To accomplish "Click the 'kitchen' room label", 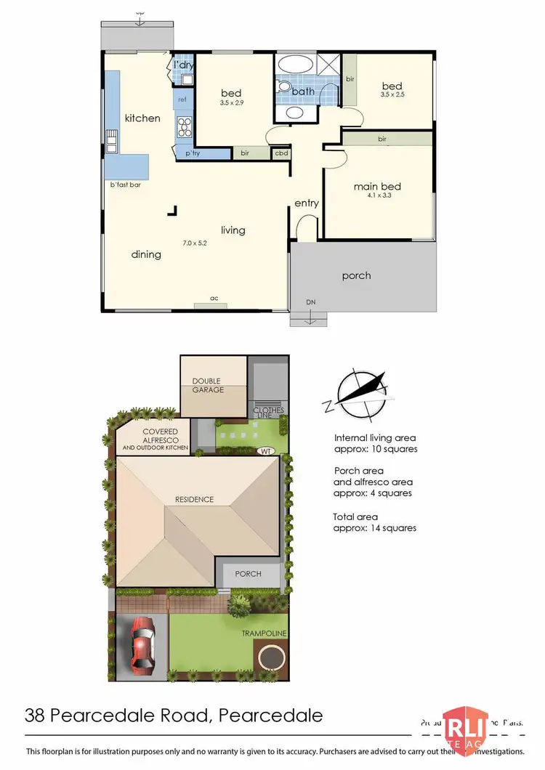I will click(142, 118).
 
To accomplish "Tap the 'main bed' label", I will click(377, 187).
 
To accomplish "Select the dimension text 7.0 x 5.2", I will click(195, 243).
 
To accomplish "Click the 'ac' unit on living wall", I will click(214, 298).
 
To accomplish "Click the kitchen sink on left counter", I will click(113, 141).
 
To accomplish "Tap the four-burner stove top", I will click(185, 127).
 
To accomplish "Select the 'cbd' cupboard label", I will click(280, 153).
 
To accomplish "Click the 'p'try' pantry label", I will click(193, 154).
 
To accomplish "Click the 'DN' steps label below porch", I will click(310, 301).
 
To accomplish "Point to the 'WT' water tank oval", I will click(267, 450).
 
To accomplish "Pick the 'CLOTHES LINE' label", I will click(268, 413).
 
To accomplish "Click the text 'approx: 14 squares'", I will click(375, 528).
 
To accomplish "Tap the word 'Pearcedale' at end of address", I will click(270, 716).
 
